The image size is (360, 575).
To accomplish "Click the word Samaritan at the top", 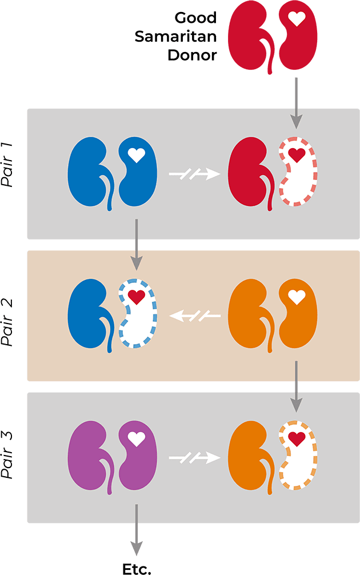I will point(175,37).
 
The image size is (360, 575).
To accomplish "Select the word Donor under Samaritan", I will point(193,55).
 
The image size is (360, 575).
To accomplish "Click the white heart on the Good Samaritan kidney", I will point(297,19).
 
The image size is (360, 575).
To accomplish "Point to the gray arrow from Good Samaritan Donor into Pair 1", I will point(296,103).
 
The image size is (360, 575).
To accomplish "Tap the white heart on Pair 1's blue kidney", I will point(136,154).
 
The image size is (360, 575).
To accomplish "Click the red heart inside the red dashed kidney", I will point(296,154).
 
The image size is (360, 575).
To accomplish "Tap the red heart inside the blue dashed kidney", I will point(136,297).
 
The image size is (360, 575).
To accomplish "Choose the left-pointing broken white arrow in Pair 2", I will point(195,314).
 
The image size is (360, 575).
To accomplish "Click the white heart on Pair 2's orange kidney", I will point(296,297).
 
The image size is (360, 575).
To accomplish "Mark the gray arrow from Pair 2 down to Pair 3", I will point(296,386).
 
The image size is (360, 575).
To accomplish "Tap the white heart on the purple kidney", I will point(136,438).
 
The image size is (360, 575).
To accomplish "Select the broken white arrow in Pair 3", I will point(195,457).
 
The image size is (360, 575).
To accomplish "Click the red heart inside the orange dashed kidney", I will point(296,438).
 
